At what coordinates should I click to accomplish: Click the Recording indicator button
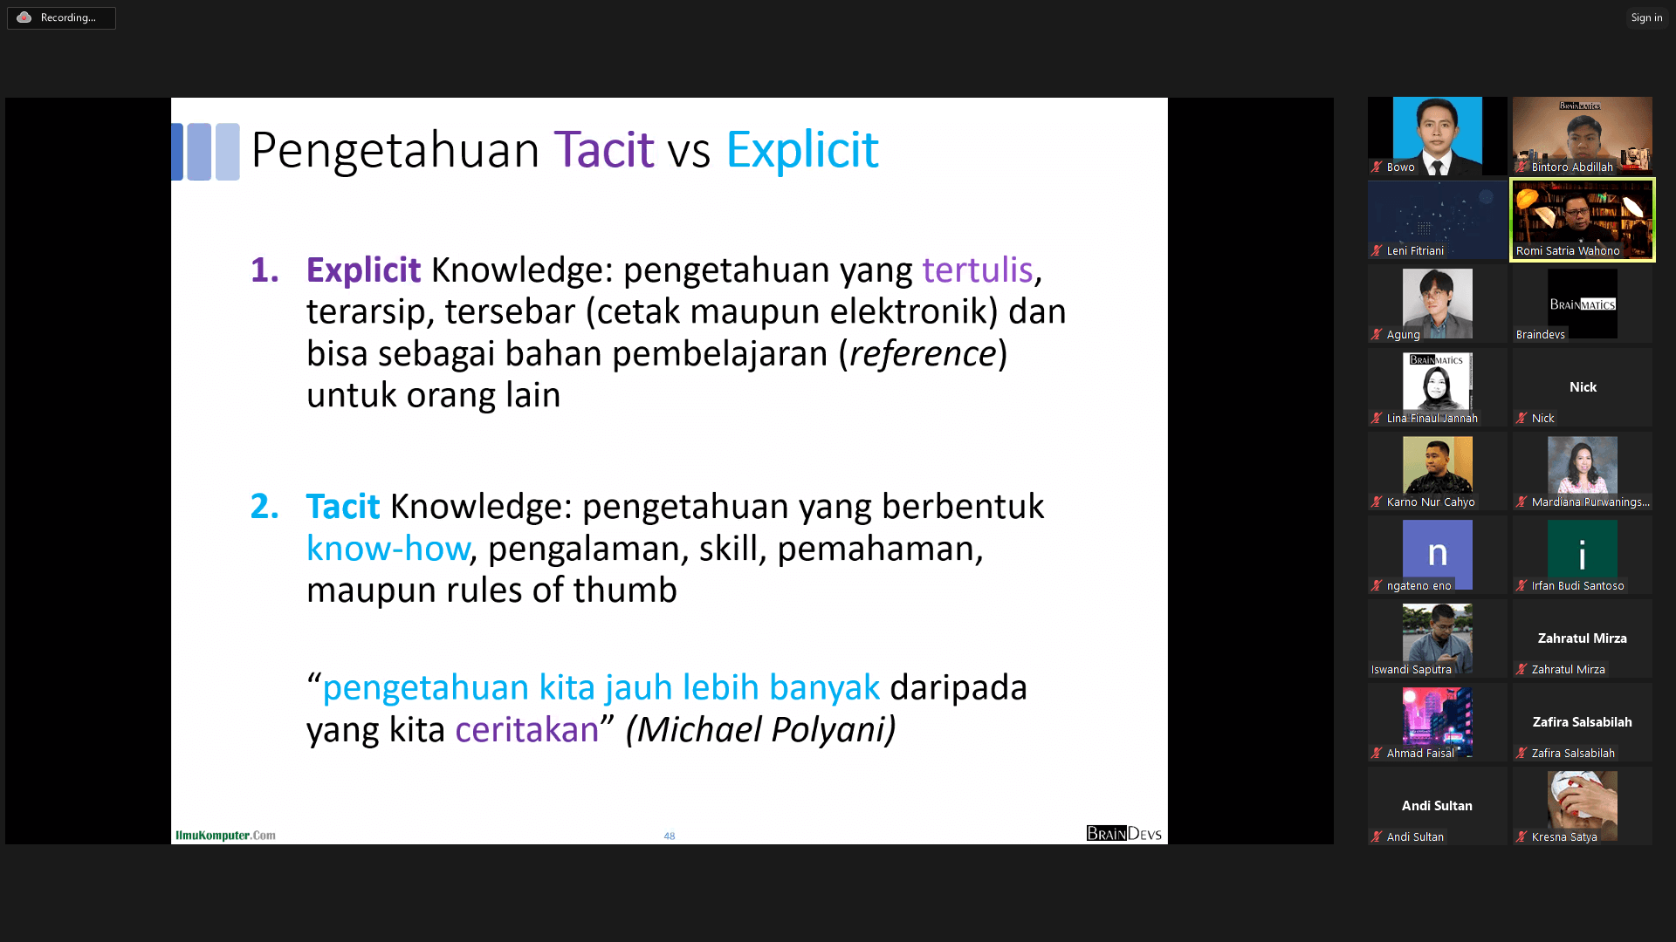pyautogui.click(x=61, y=17)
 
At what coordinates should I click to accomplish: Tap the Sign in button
pyautogui.click(x=1646, y=17)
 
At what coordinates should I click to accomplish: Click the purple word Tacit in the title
pyautogui.click(x=604, y=149)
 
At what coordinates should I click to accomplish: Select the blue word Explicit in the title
pyautogui.click(x=802, y=149)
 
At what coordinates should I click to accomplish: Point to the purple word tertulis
pyautogui.click(x=978, y=270)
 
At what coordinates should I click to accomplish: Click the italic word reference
pyautogui.click(x=923, y=353)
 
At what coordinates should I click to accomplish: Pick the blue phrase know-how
pyautogui.click(x=388, y=549)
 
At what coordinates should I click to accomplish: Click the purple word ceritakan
pyautogui.click(x=527, y=730)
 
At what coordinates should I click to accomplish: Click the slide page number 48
pyautogui.click(x=670, y=836)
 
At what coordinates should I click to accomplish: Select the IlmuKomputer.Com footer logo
pyautogui.click(x=225, y=835)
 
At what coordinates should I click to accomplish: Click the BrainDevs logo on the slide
pyautogui.click(x=1123, y=833)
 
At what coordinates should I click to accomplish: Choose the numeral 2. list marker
pyautogui.click(x=264, y=507)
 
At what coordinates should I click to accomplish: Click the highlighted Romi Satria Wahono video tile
pyautogui.click(x=1583, y=220)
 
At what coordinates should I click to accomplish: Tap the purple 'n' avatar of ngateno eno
pyautogui.click(x=1438, y=554)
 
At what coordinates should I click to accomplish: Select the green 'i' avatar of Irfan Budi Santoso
pyautogui.click(x=1583, y=554)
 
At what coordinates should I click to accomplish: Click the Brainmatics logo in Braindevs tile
pyautogui.click(x=1583, y=304)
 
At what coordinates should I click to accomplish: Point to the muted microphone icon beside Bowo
pyautogui.click(x=1377, y=167)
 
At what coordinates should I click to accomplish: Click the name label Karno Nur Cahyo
pyautogui.click(x=1431, y=502)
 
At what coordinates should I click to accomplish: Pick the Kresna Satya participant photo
pyautogui.click(x=1583, y=804)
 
